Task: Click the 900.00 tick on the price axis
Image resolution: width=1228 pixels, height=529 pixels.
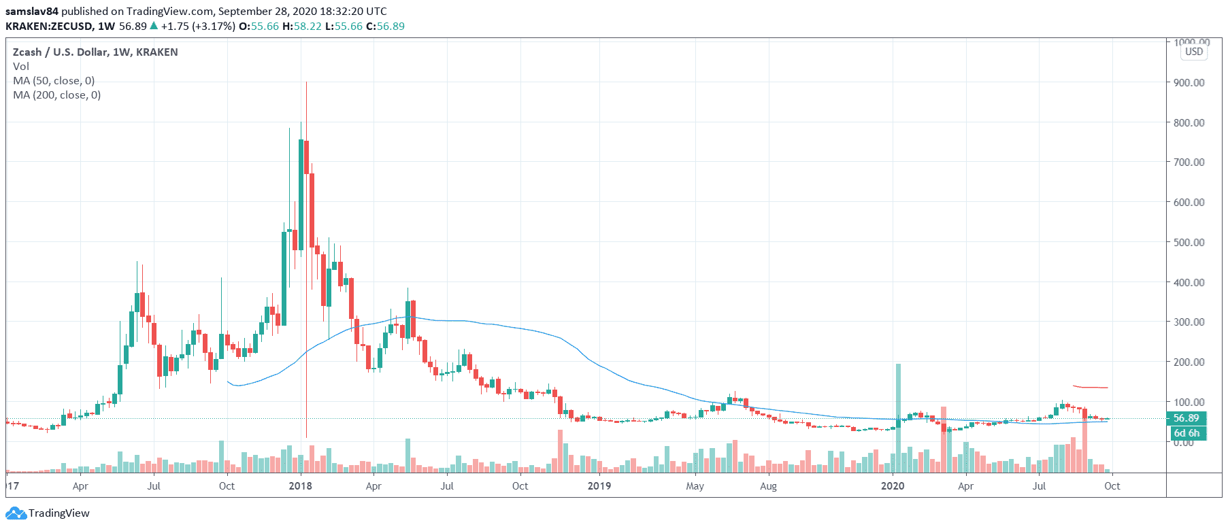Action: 1189,82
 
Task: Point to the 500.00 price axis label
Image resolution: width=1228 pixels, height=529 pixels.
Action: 1189,242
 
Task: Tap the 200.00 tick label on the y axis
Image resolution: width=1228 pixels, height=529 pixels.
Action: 1189,362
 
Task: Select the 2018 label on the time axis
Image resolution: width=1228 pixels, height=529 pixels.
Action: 300,485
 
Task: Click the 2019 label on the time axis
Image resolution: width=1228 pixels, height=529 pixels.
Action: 599,485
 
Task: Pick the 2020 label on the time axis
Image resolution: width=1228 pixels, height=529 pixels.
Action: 893,485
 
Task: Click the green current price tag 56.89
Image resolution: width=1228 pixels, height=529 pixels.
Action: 1186,418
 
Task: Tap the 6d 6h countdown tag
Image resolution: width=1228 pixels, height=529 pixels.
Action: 1186,433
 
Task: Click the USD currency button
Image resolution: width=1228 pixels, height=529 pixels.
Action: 1193,52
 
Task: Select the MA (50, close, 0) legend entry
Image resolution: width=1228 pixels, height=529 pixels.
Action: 54,80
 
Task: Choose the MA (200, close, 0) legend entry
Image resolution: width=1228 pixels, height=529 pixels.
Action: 56,95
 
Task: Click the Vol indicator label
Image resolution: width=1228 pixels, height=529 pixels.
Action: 21,66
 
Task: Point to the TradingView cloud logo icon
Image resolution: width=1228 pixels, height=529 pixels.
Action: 16,513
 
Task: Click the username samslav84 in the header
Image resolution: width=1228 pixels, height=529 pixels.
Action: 32,11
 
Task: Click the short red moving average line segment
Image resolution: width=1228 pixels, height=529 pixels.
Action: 1091,388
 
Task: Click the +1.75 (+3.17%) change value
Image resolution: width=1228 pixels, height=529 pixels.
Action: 198,26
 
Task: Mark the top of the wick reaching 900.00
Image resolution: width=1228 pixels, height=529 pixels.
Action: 306,82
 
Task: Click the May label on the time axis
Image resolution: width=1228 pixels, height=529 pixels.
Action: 695,485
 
